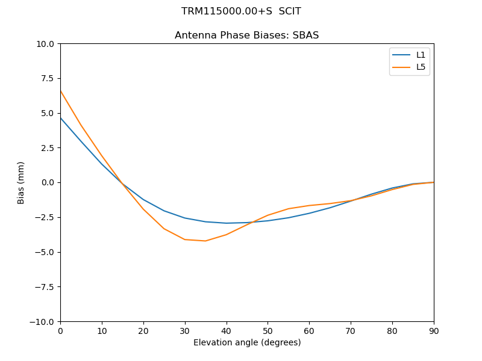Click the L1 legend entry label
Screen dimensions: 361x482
point(421,55)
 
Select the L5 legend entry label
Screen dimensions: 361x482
point(421,67)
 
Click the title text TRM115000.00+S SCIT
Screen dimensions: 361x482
point(241,11)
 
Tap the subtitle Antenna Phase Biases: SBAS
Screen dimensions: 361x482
point(246,35)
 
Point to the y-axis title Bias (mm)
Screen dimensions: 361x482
point(21,182)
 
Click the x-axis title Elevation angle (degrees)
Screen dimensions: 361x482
point(247,343)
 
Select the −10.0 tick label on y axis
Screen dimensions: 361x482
point(43,322)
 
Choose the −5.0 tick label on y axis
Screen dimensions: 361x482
point(45,252)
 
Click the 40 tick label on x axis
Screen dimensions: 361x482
point(227,331)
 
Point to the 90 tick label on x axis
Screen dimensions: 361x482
point(434,331)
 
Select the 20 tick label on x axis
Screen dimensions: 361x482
point(143,331)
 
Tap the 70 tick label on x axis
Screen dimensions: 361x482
point(351,331)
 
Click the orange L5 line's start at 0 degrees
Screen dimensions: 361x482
point(60,91)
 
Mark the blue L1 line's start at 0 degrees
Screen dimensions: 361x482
point(60,118)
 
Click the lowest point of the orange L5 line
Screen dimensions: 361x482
point(205,241)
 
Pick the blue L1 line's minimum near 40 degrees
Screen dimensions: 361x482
point(227,223)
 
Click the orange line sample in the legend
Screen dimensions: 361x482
point(401,67)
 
